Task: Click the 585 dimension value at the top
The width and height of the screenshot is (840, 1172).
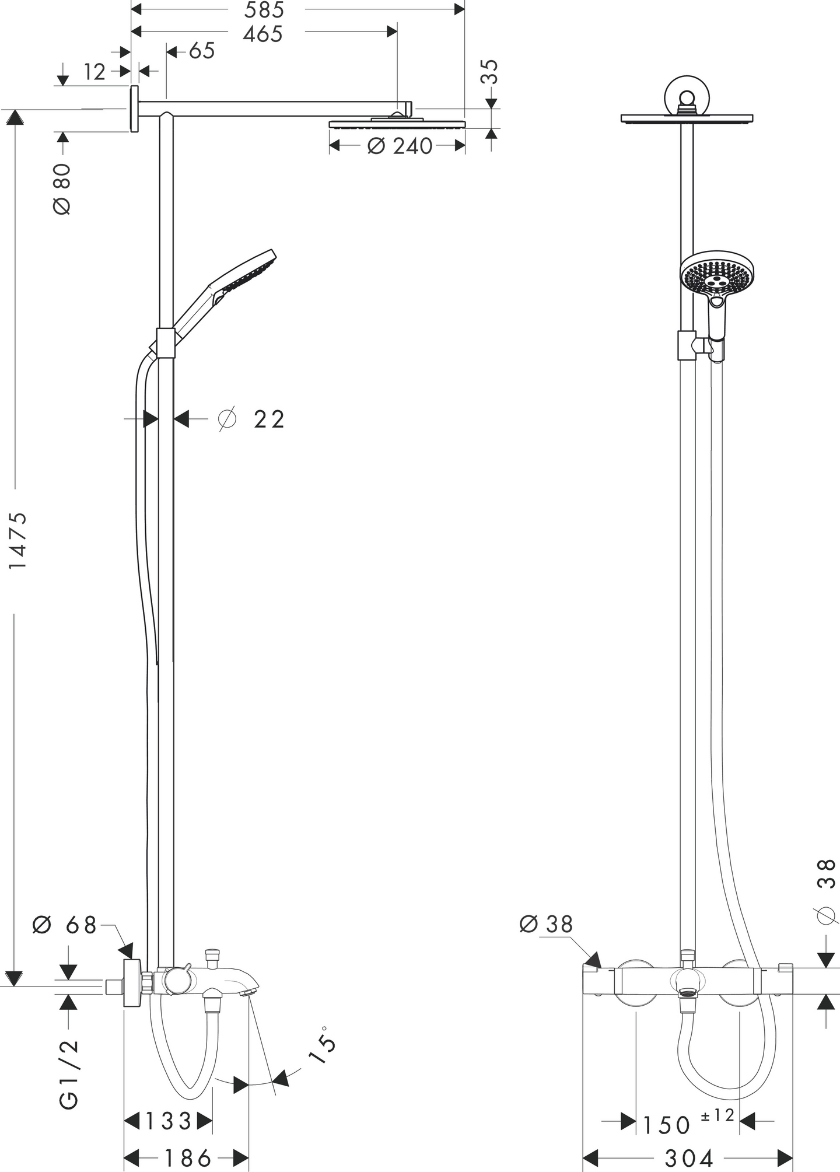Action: [264, 10]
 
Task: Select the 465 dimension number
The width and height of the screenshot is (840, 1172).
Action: [263, 34]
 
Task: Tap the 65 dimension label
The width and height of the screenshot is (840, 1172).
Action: [202, 51]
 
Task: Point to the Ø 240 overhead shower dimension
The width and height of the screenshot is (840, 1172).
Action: [400, 146]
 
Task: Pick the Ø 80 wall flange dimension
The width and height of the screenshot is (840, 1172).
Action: [62, 189]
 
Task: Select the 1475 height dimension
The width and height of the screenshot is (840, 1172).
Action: [19, 540]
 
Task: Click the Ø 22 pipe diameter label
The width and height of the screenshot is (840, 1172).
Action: [252, 419]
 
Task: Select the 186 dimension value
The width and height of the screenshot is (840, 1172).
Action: [187, 1158]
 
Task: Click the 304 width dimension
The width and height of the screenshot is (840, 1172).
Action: [688, 1158]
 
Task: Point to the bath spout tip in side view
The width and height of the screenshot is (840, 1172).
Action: [249, 992]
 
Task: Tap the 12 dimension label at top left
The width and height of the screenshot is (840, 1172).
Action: [94, 72]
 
